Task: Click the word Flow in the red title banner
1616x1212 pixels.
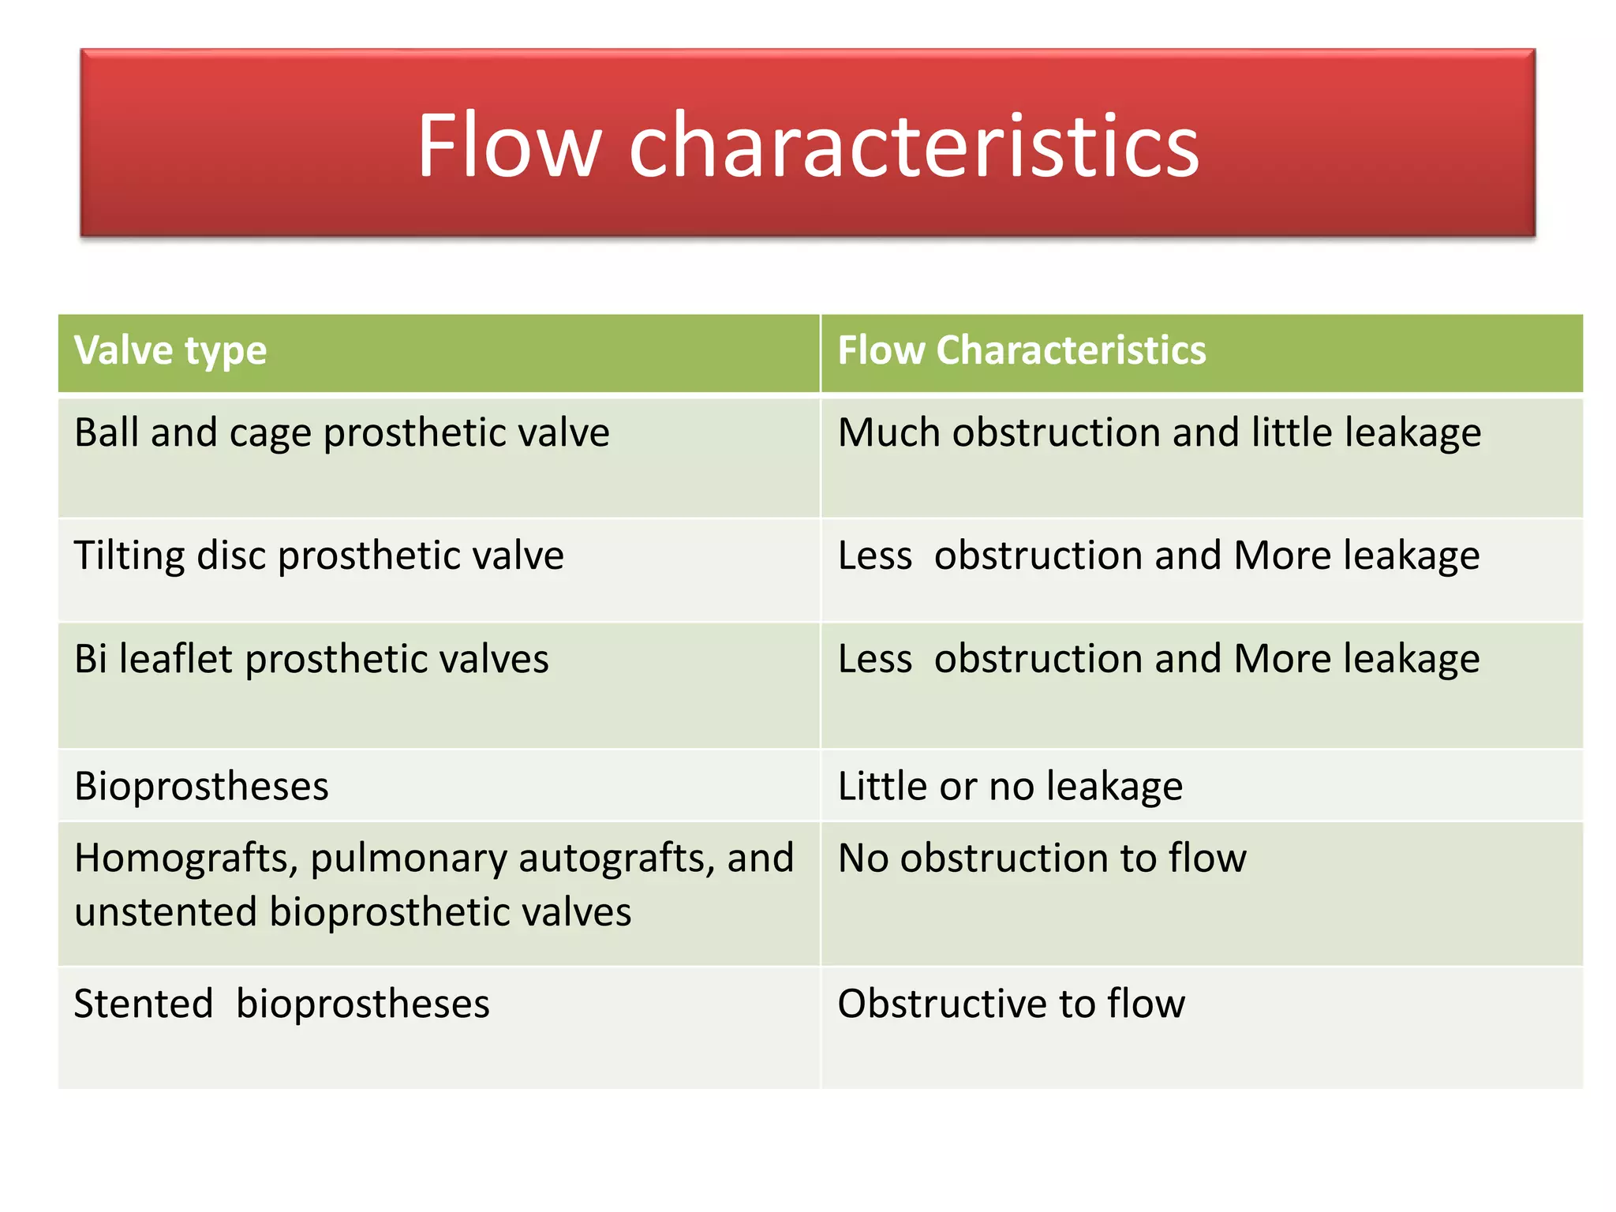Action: pyautogui.click(x=509, y=146)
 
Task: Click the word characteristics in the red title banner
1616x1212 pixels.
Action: pyautogui.click(x=914, y=146)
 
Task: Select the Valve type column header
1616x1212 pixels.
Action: pyautogui.click(x=170, y=350)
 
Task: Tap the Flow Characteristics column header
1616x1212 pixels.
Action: pyautogui.click(x=1021, y=350)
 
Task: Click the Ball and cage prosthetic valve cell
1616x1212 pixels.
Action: pyautogui.click(x=342, y=433)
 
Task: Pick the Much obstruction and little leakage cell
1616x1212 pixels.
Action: pyautogui.click(x=1159, y=433)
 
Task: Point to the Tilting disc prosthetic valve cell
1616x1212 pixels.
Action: pyautogui.click(x=319, y=555)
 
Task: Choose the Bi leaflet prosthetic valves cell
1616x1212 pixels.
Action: pyautogui.click(x=311, y=659)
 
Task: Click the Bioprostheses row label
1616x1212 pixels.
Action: pyautogui.click(x=201, y=787)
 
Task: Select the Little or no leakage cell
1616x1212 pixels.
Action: pyautogui.click(x=1010, y=787)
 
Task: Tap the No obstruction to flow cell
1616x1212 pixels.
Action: pyautogui.click(x=1042, y=858)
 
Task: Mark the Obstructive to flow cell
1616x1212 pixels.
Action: pyautogui.click(x=1011, y=1004)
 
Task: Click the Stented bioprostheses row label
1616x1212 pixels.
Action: pyautogui.click(x=282, y=1004)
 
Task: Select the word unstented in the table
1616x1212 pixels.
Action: pyautogui.click(x=166, y=912)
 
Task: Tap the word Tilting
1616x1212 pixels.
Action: pyautogui.click(x=129, y=555)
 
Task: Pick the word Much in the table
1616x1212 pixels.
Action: pyautogui.click(x=888, y=433)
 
